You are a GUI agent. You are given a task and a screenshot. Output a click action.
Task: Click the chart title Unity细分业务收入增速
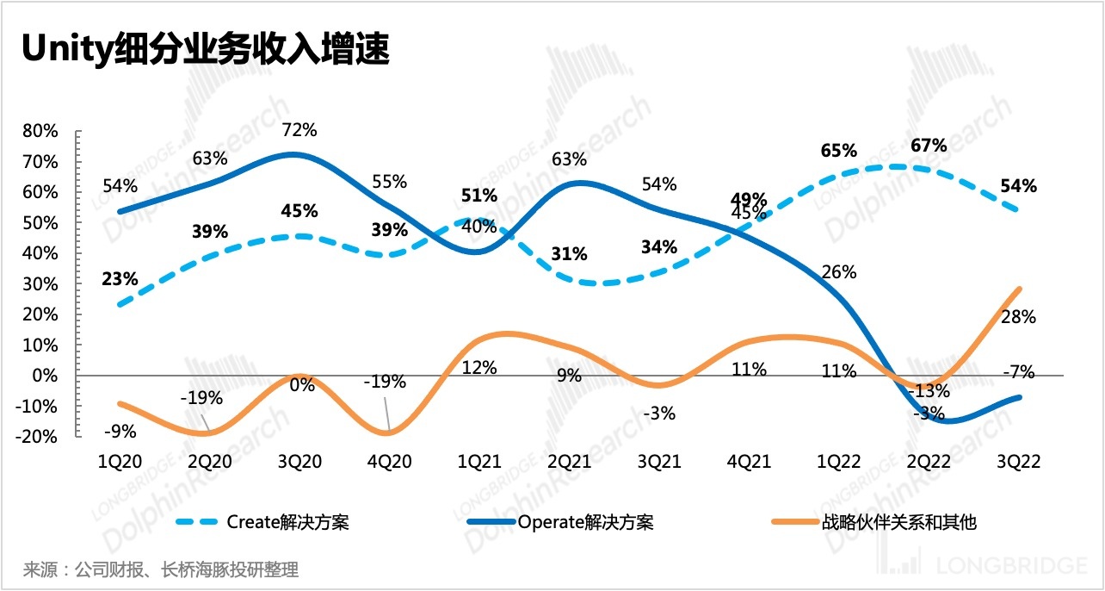pyautogui.click(x=206, y=51)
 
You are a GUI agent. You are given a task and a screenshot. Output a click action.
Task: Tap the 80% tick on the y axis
pyautogui.click(x=40, y=132)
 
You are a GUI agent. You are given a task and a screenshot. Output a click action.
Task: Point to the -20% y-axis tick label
pyautogui.click(x=37, y=437)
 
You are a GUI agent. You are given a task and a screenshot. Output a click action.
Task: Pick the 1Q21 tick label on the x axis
pyautogui.click(x=478, y=462)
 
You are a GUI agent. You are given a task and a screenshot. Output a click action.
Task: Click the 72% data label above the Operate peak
pyautogui.click(x=299, y=130)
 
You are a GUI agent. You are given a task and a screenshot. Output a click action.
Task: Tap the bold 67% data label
pyautogui.click(x=929, y=145)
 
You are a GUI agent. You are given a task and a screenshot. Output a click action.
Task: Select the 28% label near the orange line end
pyautogui.click(x=1018, y=317)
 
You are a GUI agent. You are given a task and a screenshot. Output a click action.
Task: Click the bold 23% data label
pyautogui.click(x=120, y=279)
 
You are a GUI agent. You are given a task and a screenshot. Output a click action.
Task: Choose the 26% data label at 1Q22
pyautogui.click(x=839, y=272)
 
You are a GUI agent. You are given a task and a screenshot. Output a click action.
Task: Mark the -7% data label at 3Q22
pyautogui.click(x=1018, y=372)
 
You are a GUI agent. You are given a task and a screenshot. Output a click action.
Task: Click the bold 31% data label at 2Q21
pyautogui.click(x=570, y=254)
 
